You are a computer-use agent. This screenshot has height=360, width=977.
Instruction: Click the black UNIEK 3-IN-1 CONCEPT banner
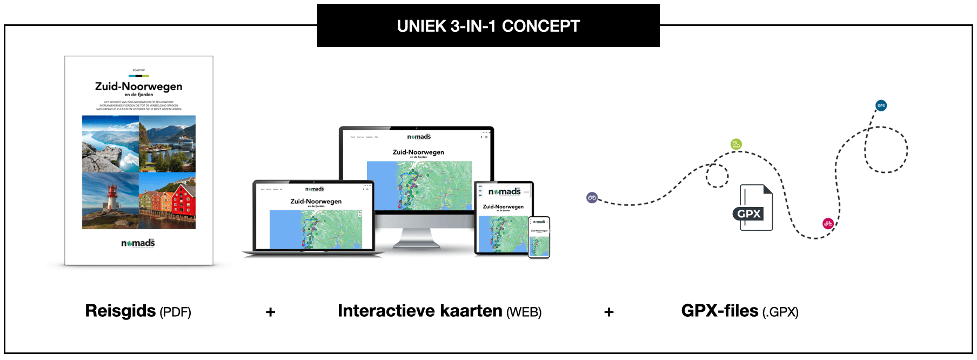pyautogui.click(x=488, y=26)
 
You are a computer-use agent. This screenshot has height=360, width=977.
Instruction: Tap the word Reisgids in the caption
pyautogui.click(x=121, y=311)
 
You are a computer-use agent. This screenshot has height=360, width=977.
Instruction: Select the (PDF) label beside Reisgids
pyautogui.click(x=176, y=312)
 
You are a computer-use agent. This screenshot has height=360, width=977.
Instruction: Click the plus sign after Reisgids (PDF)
pyautogui.click(x=271, y=312)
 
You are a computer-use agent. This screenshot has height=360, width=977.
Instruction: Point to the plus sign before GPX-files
pyautogui.click(x=609, y=312)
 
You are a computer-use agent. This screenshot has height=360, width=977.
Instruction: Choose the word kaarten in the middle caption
pyautogui.click(x=471, y=311)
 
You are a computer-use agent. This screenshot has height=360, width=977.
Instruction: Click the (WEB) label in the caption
pyautogui.click(x=524, y=312)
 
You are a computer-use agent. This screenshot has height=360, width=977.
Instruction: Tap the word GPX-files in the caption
pyautogui.click(x=719, y=311)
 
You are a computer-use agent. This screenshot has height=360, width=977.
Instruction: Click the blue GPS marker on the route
pyautogui.click(x=881, y=105)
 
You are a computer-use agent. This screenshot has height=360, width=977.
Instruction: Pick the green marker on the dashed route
pyautogui.click(x=736, y=144)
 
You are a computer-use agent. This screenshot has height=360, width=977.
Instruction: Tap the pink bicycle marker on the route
pyautogui.click(x=828, y=223)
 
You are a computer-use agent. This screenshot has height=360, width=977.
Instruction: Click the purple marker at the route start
pyautogui.click(x=592, y=198)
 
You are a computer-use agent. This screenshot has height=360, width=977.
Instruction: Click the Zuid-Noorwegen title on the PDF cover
pyautogui.click(x=138, y=86)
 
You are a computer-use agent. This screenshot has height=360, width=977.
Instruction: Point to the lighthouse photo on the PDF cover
pyautogui.click(x=110, y=201)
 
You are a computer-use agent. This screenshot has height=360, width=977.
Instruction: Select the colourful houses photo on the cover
pyautogui.click(x=168, y=201)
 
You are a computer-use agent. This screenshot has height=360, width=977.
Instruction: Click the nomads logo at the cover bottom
pyautogui.click(x=138, y=243)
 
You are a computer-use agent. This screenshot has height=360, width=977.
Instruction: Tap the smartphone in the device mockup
pyautogui.click(x=539, y=237)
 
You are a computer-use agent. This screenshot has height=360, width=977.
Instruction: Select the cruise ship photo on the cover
pyautogui.click(x=168, y=143)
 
